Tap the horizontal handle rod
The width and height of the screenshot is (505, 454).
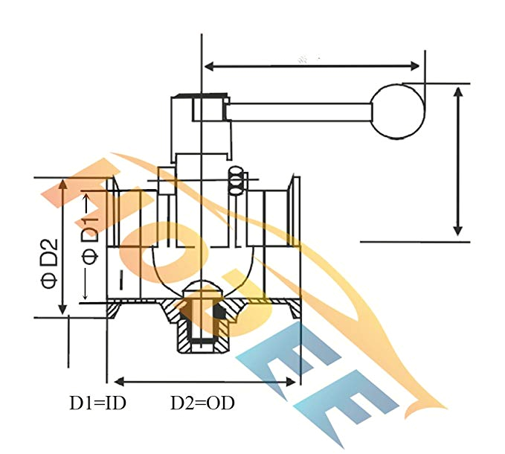coord(297,112)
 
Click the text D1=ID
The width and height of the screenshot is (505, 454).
coord(97,403)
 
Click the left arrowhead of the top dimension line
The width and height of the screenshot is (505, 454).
coord(209,67)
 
